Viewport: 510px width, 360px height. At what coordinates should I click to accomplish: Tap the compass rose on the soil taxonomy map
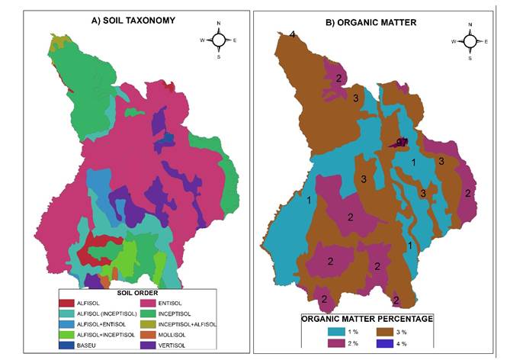(218, 40)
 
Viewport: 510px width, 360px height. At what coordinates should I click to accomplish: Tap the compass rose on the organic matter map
(470, 41)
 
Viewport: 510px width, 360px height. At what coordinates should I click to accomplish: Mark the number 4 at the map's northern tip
(292, 34)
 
